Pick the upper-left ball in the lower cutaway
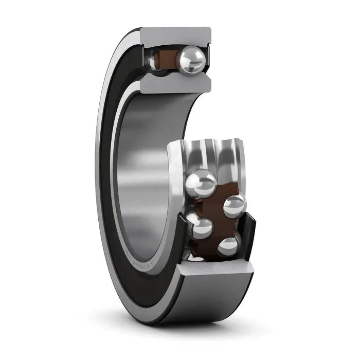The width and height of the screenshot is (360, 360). click(201, 183)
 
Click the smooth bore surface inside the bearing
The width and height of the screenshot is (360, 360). click(144, 170)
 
